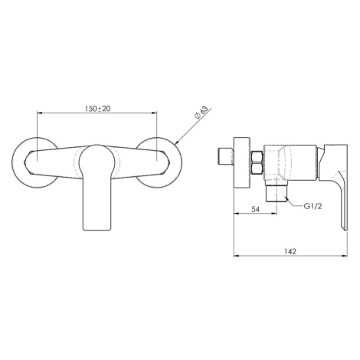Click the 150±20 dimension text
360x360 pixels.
[98, 109]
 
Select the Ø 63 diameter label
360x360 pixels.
[201, 113]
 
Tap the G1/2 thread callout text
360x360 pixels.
[313, 206]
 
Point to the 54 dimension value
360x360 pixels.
[256, 209]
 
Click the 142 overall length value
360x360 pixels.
[290, 251]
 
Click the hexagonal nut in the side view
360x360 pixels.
[257, 163]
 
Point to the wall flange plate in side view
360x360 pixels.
[242, 163]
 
